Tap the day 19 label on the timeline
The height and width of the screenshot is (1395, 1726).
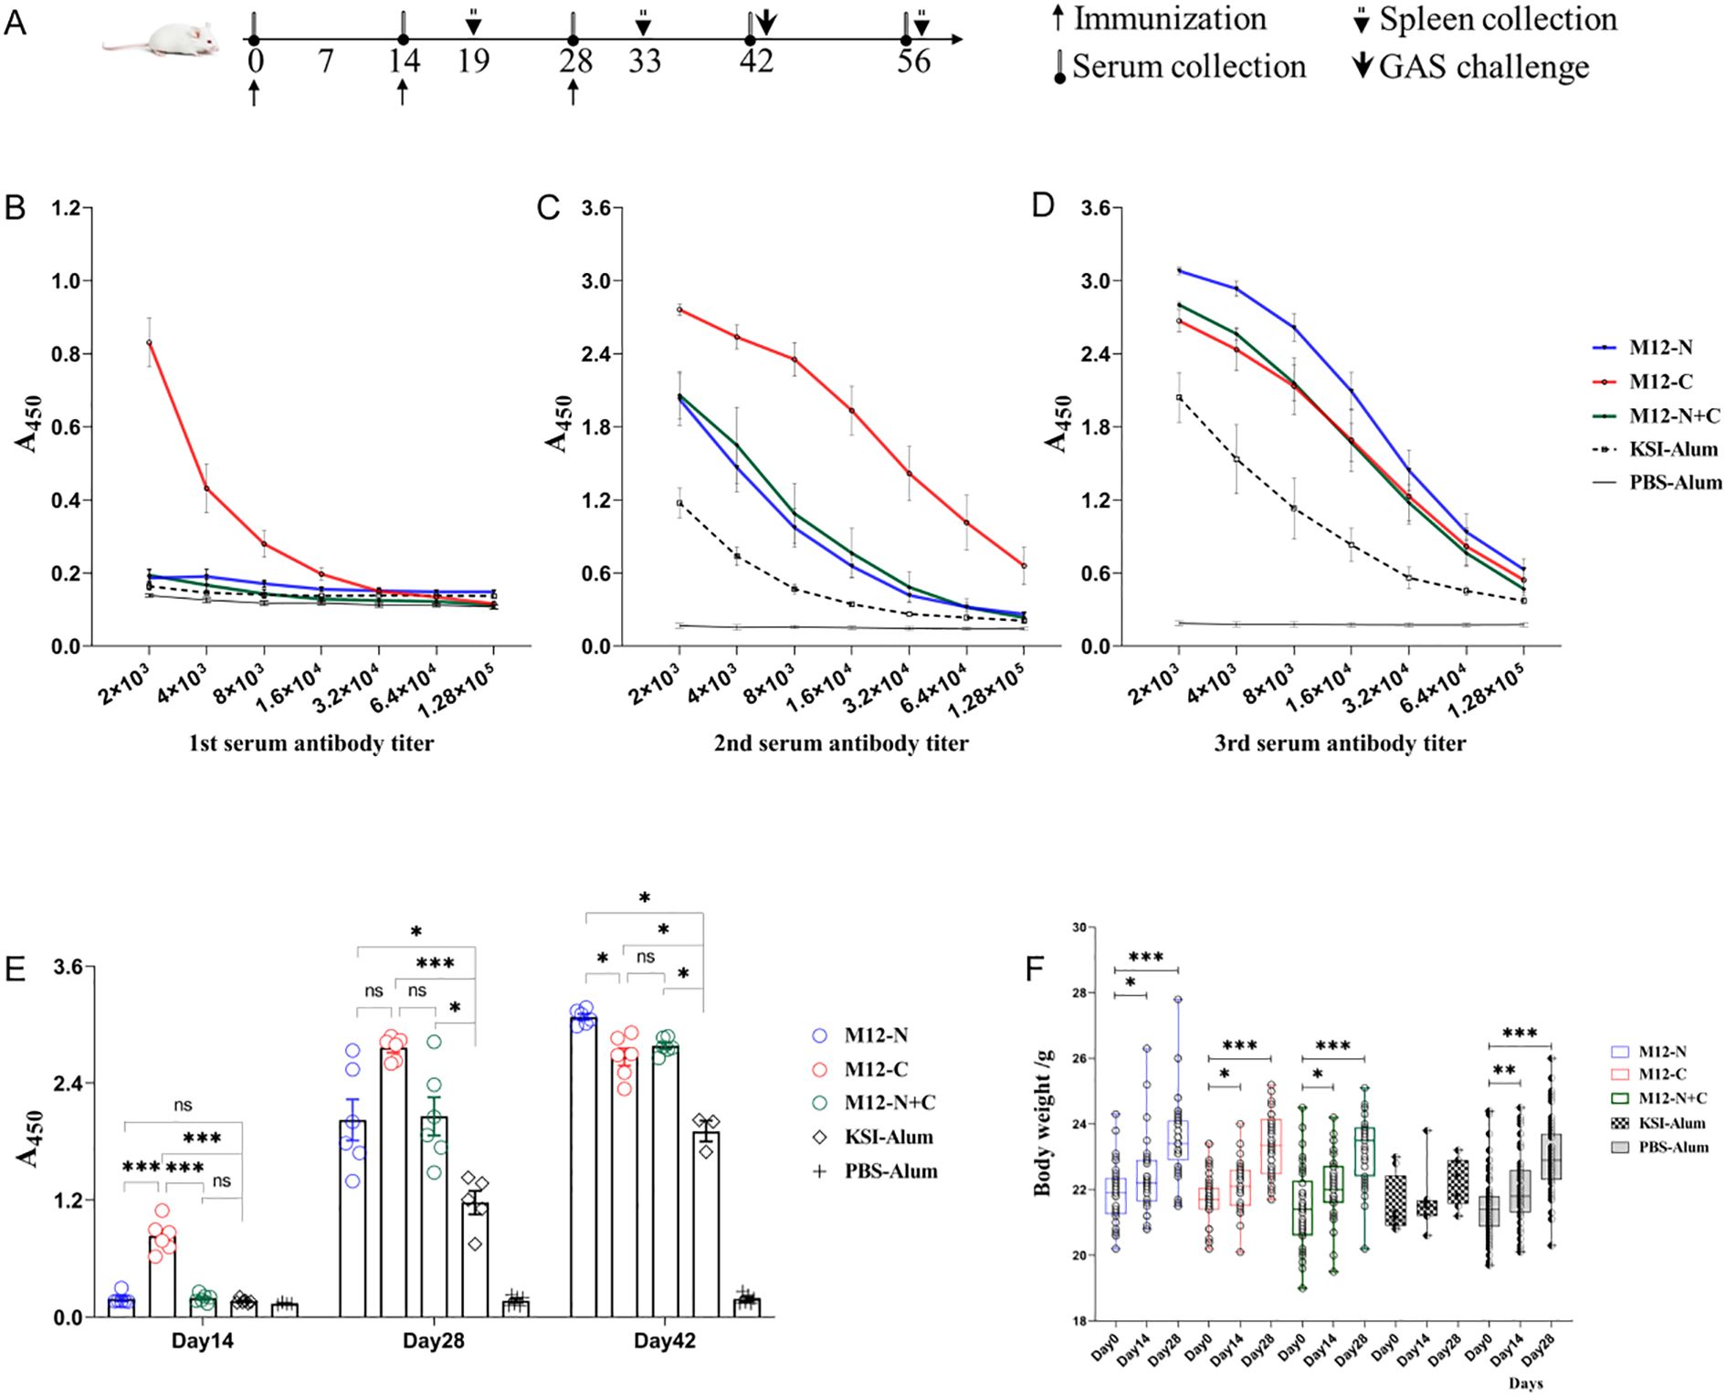pos(473,62)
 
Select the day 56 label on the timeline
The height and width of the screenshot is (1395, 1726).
pos(913,62)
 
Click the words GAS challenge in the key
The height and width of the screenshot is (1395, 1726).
pos(1484,67)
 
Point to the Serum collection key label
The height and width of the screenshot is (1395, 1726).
pos(1188,67)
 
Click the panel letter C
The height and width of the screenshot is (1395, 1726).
pos(549,209)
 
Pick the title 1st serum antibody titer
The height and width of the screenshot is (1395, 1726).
pos(311,743)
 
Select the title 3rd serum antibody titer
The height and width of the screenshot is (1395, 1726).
pos(1340,743)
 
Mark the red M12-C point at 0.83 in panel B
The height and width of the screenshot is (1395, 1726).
pos(149,342)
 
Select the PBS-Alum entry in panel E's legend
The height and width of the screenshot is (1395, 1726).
pos(890,1171)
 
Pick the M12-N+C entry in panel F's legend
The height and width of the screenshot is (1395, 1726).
pos(1671,1099)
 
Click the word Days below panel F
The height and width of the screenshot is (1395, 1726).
pos(1526,1383)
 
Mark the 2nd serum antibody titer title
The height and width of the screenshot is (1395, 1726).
pos(841,743)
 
